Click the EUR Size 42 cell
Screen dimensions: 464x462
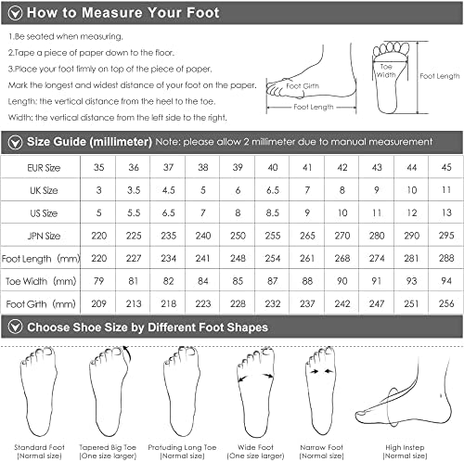click(x=342, y=167)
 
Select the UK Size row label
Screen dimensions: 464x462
click(x=44, y=190)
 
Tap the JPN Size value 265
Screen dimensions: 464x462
click(x=307, y=236)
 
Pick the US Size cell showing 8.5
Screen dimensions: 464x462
click(x=273, y=212)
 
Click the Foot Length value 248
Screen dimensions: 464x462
click(x=238, y=258)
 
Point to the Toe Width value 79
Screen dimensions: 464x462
click(x=98, y=281)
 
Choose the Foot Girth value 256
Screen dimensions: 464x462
click(x=446, y=303)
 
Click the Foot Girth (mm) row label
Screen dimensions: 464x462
click(x=41, y=304)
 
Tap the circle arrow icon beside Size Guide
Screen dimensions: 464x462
click(x=15, y=143)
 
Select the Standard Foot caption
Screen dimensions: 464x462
click(x=39, y=447)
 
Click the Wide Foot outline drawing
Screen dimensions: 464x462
click(x=256, y=391)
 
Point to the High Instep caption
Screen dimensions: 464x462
click(x=405, y=447)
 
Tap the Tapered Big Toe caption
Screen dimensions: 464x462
click(x=108, y=447)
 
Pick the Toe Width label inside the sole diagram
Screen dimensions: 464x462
click(x=386, y=71)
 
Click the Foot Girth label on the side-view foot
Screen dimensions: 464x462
click(x=303, y=86)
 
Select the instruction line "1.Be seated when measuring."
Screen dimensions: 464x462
click(x=66, y=36)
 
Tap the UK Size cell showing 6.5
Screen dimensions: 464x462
click(x=273, y=190)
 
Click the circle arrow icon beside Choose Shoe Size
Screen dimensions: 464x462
click(x=15, y=327)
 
